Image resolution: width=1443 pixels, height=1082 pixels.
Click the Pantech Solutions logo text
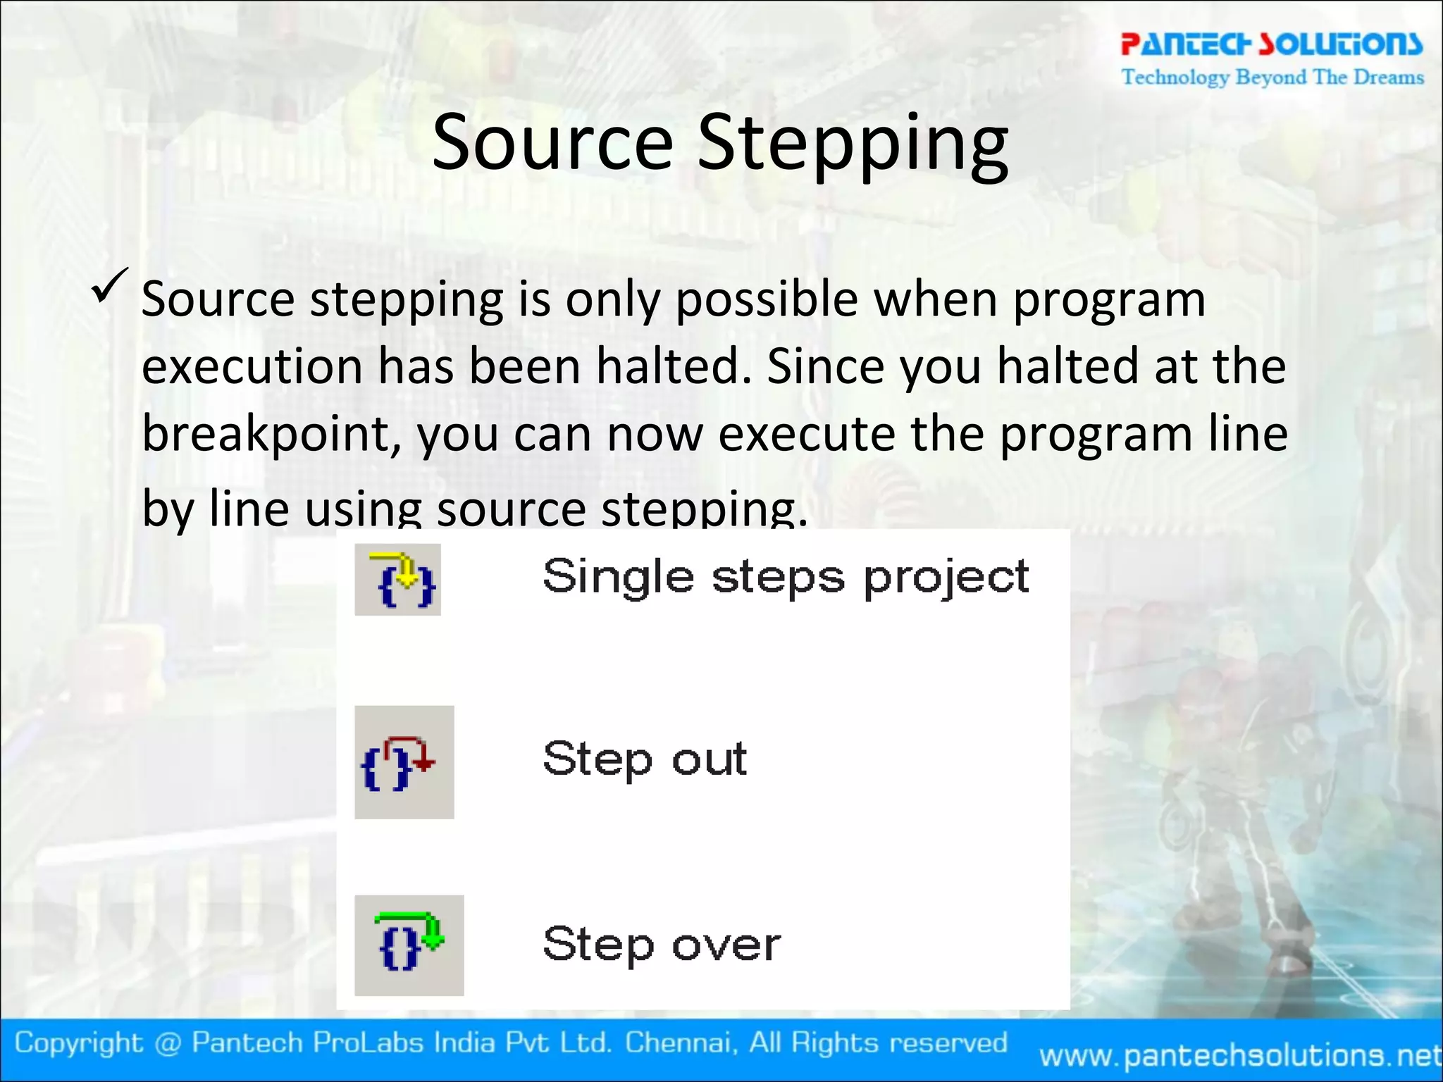pyautogui.click(x=1271, y=44)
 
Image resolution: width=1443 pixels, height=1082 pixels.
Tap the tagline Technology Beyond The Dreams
pyautogui.click(x=1272, y=77)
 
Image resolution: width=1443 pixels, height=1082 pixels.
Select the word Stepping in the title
pyautogui.click(x=853, y=144)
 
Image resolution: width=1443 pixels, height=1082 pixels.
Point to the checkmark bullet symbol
pyautogui.click(x=109, y=285)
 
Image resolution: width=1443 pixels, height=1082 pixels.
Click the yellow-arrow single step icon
pyautogui.click(x=398, y=580)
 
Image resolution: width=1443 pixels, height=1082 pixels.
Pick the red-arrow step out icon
pyautogui.click(x=404, y=762)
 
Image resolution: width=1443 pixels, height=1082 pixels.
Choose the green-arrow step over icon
pyautogui.click(x=409, y=945)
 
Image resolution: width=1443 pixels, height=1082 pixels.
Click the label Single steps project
pyautogui.click(x=786, y=578)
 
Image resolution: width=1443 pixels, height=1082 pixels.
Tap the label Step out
pyautogui.click(x=645, y=760)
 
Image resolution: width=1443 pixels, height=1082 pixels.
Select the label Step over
pyautogui.click(x=662, y=945)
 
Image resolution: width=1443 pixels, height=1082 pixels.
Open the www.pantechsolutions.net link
pyautogui.click(x=1240, y=1055)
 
